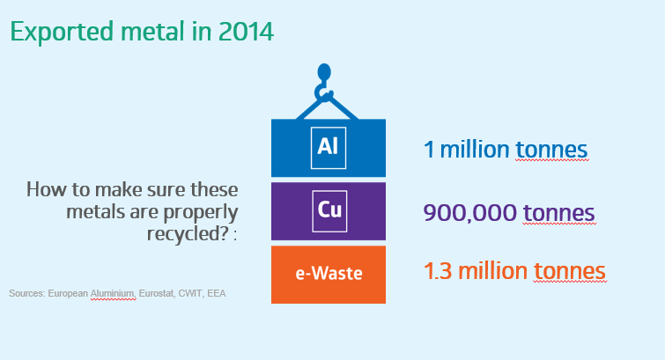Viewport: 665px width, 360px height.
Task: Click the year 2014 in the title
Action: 246,32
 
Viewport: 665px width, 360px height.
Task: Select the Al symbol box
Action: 329,148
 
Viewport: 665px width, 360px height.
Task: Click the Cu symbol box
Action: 329,211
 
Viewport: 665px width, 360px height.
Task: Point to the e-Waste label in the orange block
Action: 329,274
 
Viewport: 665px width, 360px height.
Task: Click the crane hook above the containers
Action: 323,83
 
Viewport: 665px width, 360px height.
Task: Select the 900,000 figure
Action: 470,213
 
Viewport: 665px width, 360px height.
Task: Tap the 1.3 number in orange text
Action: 438,271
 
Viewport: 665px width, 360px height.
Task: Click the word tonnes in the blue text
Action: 551,150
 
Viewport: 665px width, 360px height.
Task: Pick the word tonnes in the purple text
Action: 558,213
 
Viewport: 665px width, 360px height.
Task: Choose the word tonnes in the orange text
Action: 569,271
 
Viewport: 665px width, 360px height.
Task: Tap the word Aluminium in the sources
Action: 113,293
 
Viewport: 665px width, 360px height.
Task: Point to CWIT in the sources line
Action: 190,293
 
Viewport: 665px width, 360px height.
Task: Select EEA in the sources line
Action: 217,293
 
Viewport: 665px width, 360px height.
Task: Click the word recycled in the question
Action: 188,233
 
